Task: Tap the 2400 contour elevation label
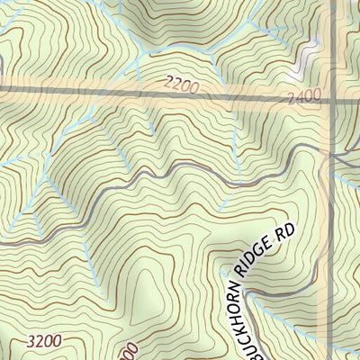[304, 96]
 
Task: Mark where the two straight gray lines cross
[331, 95]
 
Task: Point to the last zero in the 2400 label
[317, 98]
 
